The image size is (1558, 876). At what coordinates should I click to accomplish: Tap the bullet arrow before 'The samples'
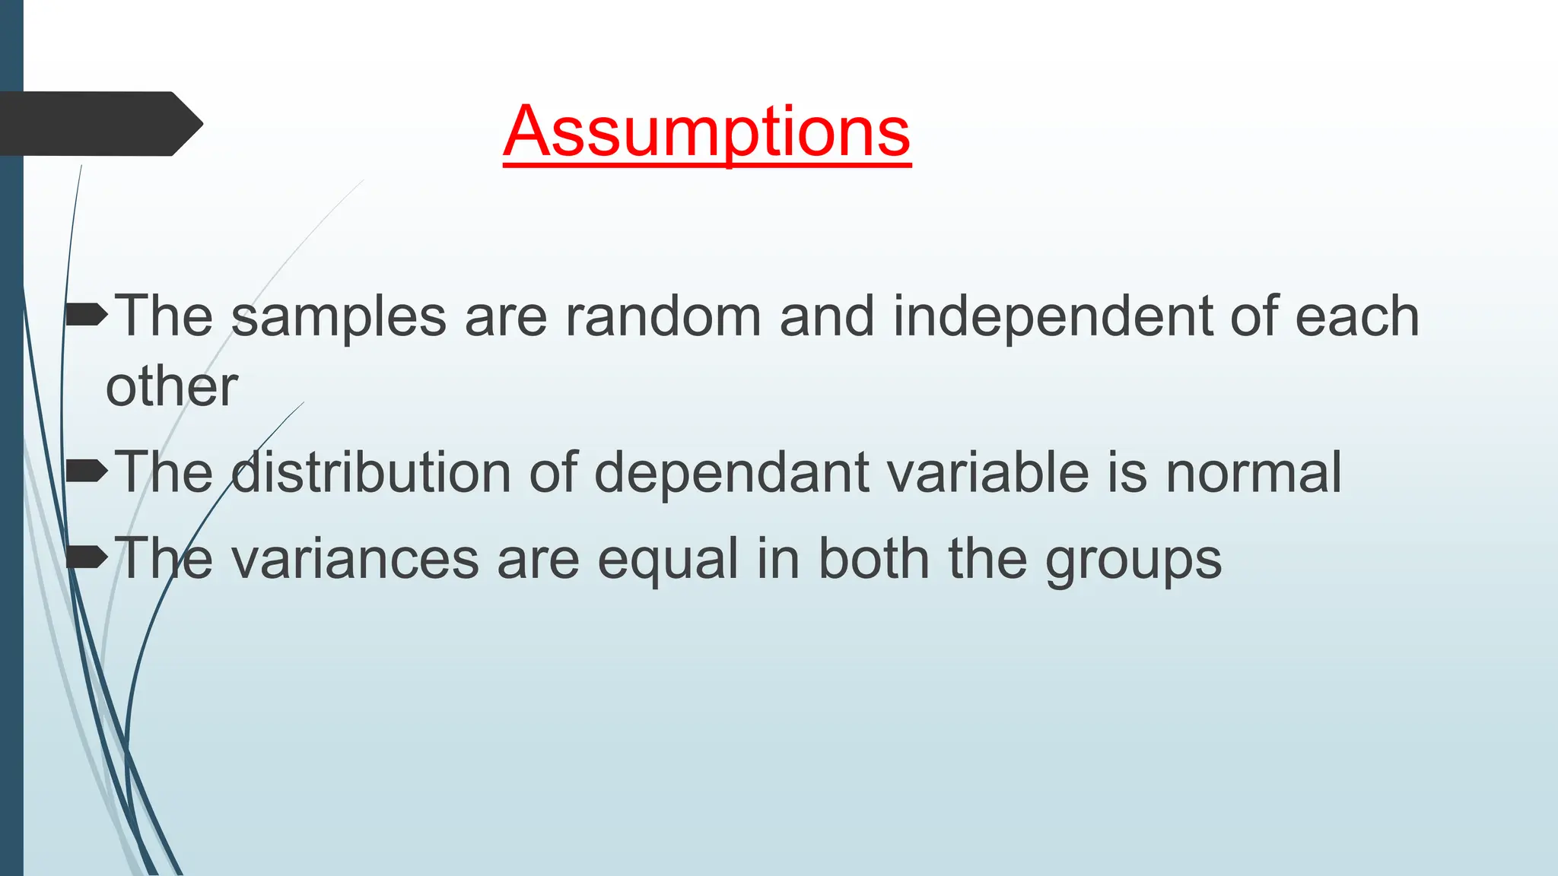[x=86, y=314]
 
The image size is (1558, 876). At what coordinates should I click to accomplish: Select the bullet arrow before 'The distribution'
[x=86, y=471]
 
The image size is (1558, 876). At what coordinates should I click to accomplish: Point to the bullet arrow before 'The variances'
[x=86, y=557]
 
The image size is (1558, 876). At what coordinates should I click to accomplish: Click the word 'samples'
[x=339, y=318]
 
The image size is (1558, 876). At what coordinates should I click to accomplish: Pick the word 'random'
[x=663, y=316]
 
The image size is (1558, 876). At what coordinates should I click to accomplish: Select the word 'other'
[x=172, y=386]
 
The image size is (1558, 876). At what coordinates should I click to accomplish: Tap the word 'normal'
[x=1254, y=473]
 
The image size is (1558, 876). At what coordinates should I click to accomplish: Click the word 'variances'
[x=355, y=560]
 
